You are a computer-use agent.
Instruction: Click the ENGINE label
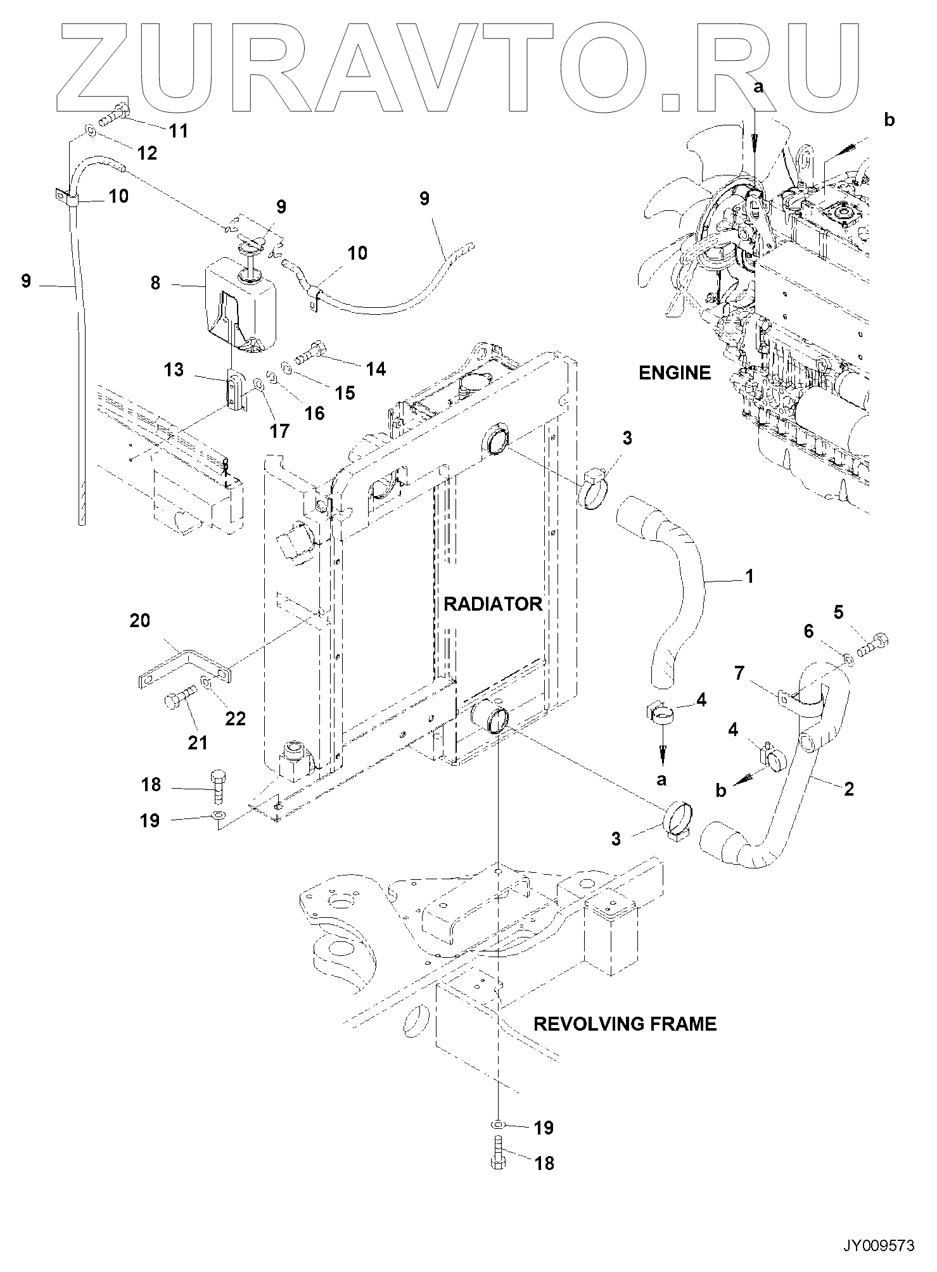(675, 373)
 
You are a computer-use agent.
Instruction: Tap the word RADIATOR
(493, 604)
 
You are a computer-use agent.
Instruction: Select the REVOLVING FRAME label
(625, 1024)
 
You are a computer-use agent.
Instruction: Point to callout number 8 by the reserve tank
(156, 283)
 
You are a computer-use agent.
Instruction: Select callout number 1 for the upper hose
(749, 576)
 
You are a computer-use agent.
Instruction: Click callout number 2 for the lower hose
(849, 789)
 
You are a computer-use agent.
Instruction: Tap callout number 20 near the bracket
(140, 620)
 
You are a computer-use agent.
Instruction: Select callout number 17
(279, 431)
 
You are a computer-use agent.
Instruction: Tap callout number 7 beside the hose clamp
(739, 673)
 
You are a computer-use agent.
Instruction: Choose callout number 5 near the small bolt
(838, 613)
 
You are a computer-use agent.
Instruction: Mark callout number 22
(235, 718)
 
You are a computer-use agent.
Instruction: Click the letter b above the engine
(889, 120)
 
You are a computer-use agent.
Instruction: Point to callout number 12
(147, 153)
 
